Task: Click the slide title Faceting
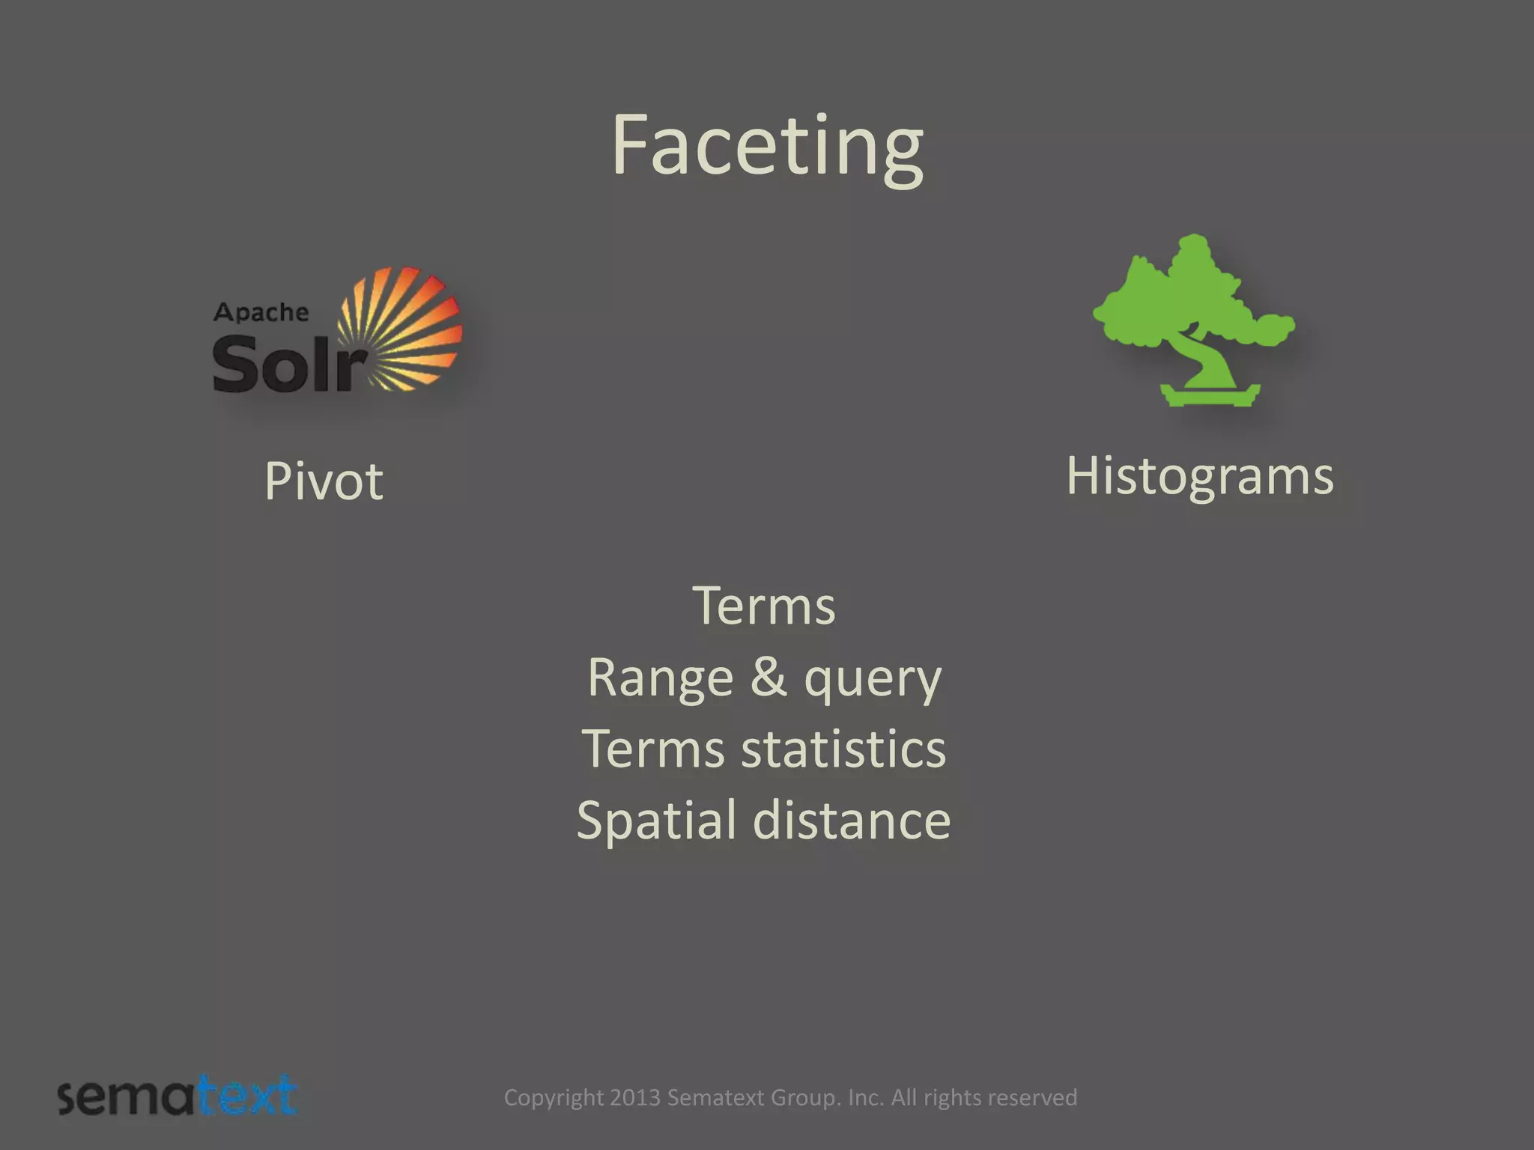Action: (x=767, y=146)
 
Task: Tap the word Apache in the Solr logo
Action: (x=261, y=312)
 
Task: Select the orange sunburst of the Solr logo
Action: (x=401, y=329)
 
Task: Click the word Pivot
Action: (x=324, y=481)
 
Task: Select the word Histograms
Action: (x=1199, y=476)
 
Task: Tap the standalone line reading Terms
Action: (x=763, y=606)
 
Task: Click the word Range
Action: (x=660, y=678)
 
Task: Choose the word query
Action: (x=873, y=679)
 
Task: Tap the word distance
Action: (x=852, y=820)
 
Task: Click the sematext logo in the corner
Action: (x=178, y=1098)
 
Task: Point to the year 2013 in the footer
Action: (x=634, y=1098)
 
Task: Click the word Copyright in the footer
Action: (x=554, y=1098)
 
